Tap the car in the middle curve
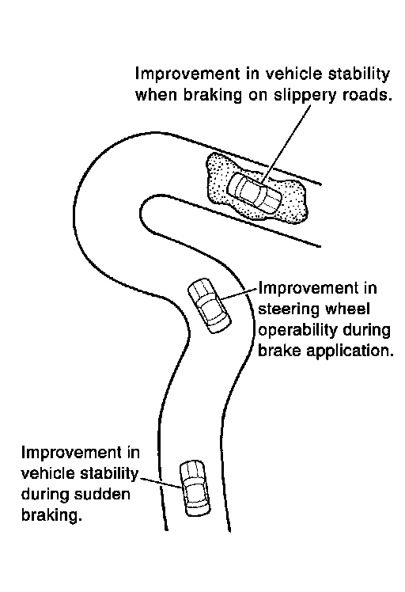pyautogui.click(x=209, y=305)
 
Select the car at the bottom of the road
pyautogui.click(x=195, y=488)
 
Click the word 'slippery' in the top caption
pyautogui.click(x=306, y=96)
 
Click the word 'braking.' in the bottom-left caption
pyautogui.click(x=51, y=515)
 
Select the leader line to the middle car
pyautogui.click(x=239, y=294)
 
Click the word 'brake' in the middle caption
pyautogui.click(x=280, y=351)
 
